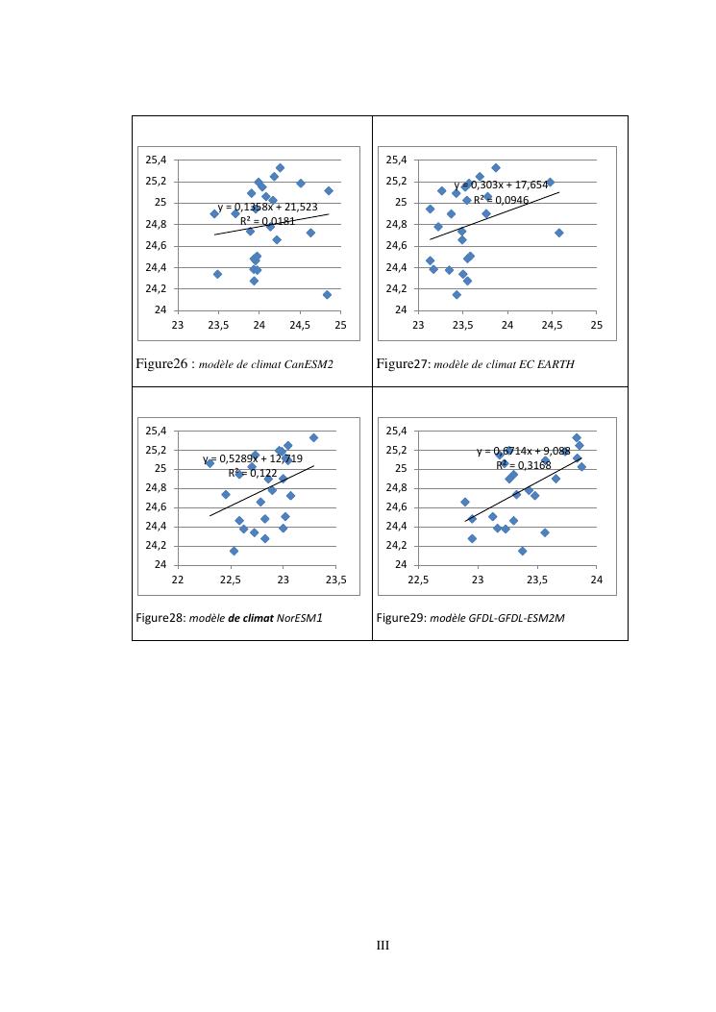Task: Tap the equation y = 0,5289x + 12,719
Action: [x=253, y=458]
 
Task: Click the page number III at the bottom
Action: [x=382, y=946]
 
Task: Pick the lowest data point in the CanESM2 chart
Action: [x=327, y=294]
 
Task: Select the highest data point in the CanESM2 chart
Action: [x=280, y=167]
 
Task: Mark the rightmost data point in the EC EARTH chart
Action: [x=558, y=233]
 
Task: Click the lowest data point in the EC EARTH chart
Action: [x=457, y=294]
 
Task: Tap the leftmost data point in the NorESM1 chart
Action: [x=210, y=463]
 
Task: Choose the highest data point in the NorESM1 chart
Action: [x=313, y=437]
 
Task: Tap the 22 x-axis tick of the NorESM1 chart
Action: [x=177, y=580]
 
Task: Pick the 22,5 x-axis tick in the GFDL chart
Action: [x=418, y=580]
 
